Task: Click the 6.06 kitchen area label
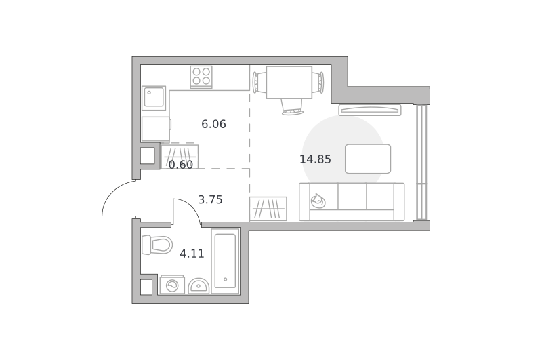(213, 124)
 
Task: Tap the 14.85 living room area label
(315, 159)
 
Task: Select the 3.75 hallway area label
(210, 199)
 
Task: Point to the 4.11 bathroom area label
(192, 254)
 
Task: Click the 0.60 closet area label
(181, 165)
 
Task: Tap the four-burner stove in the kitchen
(201, 77)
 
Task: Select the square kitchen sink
(154, 98)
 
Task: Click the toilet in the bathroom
(157, 245)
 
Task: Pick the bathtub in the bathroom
(226, 261)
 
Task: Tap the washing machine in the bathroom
(172, 285)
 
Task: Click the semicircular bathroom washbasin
(199, 286)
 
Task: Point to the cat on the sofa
(318, 201)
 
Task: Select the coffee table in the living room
(368, 159)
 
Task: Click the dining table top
(289, 82)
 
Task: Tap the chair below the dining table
(293, 107)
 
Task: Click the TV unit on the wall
(370, 110)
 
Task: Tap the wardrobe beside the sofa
(268, 209)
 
